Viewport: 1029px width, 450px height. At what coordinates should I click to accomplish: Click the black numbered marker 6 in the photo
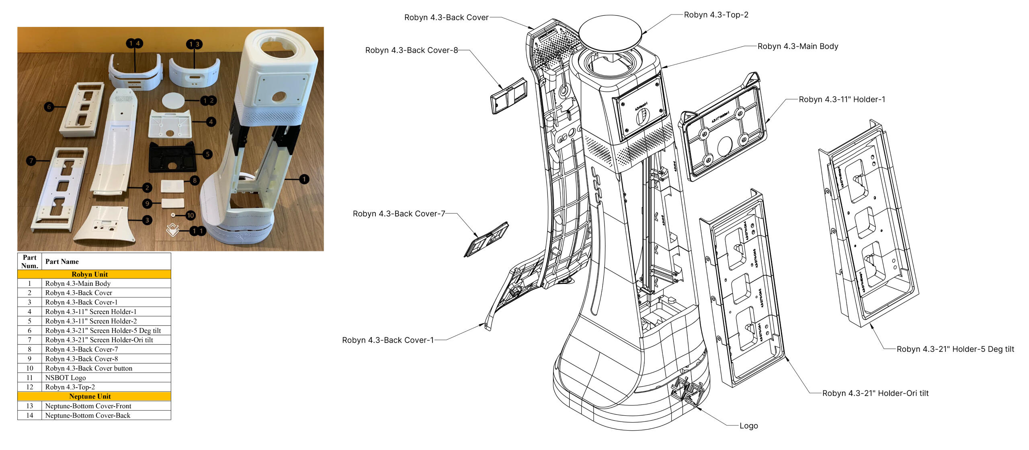coord(49,107)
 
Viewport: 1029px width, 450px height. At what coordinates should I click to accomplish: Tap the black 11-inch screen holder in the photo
coord(172,157)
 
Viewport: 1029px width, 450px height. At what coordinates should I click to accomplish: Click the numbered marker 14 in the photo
coord(134,43)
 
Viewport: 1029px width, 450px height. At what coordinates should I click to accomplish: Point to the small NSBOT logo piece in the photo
coord(172,230)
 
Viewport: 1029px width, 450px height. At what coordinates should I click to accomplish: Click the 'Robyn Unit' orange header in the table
coord(90,274)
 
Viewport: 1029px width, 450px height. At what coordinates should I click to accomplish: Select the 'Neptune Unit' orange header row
coord(90,396)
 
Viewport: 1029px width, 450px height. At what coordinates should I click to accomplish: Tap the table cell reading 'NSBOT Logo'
coord(66,378)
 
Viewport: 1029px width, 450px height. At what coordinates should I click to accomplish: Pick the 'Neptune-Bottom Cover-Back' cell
coord(88,415)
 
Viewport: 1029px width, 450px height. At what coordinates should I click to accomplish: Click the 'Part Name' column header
coord(62,261)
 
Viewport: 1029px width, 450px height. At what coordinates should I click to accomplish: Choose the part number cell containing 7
coord(29,340)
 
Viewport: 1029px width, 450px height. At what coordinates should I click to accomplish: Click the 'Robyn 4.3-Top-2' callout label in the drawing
coord(716,15)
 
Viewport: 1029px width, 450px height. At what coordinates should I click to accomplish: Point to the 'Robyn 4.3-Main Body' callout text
coord(797,46)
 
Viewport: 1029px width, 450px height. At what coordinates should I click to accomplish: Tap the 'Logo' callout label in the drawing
coord(748,426)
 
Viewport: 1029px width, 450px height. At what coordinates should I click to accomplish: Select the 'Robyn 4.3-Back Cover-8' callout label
coord(411,50)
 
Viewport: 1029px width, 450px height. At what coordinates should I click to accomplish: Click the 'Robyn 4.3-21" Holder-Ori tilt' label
coord(875,393)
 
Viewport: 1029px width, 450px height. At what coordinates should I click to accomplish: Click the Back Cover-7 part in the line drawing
coord(486,239)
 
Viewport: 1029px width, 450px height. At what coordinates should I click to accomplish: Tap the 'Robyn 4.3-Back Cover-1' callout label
coord(388,340)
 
